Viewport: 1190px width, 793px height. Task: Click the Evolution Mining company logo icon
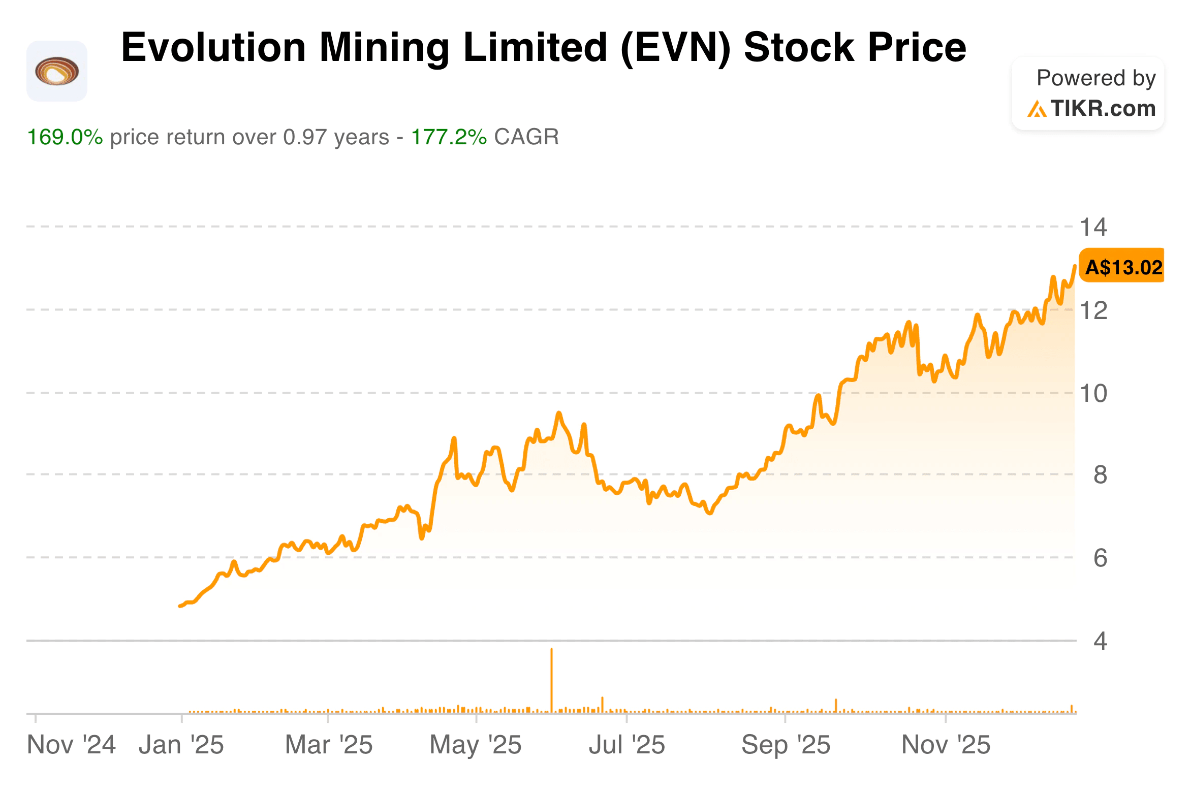tap(56, 71)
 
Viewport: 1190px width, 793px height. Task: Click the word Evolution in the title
tap(213, 47)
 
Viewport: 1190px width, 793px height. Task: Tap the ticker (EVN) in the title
tap(675, 47)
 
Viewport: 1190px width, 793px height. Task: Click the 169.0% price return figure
tap(65, 137)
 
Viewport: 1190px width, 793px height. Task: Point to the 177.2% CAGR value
tap(449, 137)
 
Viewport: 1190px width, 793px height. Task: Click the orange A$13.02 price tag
tap(1122, 267)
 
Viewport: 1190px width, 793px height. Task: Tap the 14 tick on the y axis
tap(1093, 227)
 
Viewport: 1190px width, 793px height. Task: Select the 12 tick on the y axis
tap(1093, 310)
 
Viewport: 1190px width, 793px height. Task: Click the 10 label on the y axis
tap(1093, 394)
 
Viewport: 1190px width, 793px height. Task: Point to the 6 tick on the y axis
tap(1100, 558)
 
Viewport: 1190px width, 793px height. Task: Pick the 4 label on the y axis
tap(1100, 641)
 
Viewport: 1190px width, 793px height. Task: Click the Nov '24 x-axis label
tap(71, 745)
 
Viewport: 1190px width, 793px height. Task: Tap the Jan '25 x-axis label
tap(181, 745)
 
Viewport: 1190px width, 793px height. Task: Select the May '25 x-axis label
tap(476, 745)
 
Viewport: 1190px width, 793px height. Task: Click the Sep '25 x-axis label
tap(786, 745)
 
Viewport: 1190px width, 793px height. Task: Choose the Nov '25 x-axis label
tap(946, 745)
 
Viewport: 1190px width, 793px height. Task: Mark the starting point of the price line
tap(180, 606)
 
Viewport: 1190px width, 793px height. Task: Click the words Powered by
tap(1096, 78)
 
